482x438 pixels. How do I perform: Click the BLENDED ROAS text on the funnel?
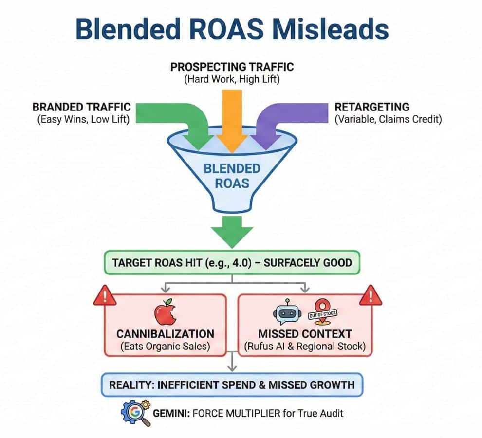pos(232,177)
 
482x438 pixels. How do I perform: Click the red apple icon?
pos(165,314)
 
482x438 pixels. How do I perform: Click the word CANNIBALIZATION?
pos(165,334)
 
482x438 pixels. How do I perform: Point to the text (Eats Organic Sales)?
pos(165,347)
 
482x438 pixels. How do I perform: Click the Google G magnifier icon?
pos(133,413)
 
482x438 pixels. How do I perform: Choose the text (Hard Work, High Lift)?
pos(232,79)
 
